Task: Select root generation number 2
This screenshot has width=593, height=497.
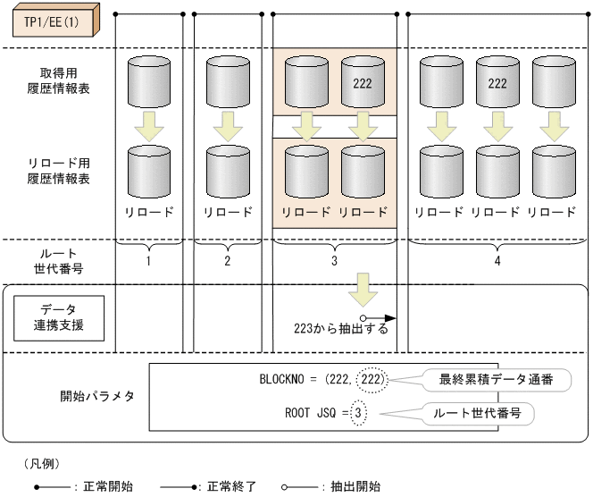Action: tap(228, 262)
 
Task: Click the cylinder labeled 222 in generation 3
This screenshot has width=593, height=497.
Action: tap(362, 83)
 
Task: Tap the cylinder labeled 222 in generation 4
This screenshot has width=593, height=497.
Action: tap(497, 83)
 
